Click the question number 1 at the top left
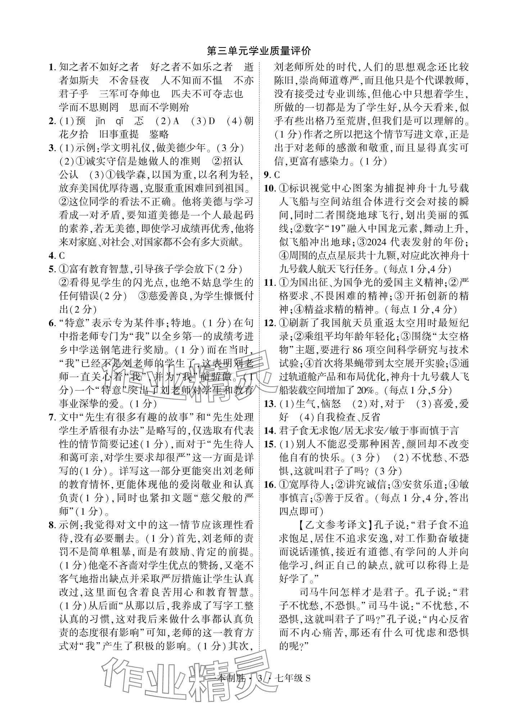pos(51,67)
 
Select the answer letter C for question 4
pos(62,256)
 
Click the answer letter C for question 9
pos(277,175)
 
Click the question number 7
pos(51,418)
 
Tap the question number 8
pos(51,525)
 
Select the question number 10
pos(269,188)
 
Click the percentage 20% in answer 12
pos(365,390)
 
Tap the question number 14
pos(269,431)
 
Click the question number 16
pos(269,485)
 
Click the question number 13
pos(269,404)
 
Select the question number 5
pos(51,269)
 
